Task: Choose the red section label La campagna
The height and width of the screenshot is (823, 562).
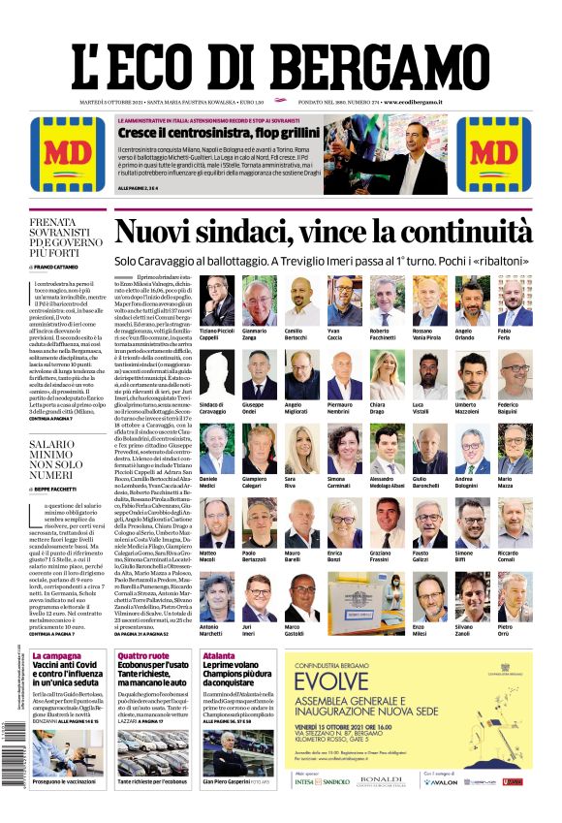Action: coord(56,656)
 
